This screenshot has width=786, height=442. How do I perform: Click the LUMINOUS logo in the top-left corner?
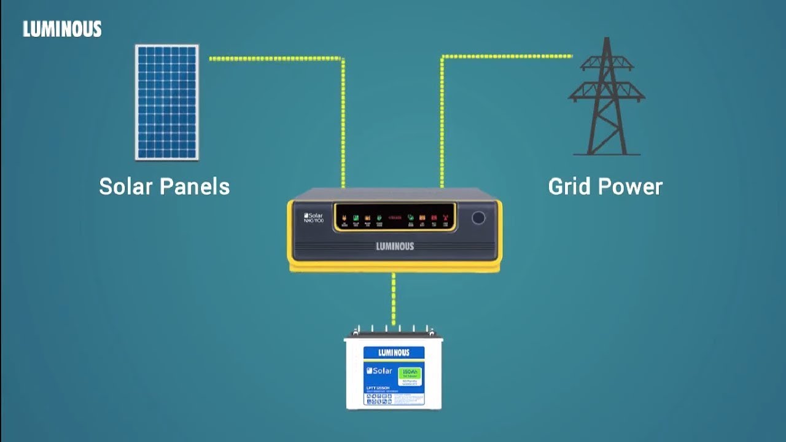click(62, 29)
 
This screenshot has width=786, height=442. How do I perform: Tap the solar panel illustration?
click(167, 102)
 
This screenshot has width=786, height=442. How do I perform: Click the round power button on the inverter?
click(478, 218)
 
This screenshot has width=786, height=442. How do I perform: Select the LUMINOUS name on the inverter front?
click(395, 246)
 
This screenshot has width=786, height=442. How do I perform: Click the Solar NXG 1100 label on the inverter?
click(314, 217)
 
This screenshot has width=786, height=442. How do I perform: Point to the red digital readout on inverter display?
click(394, 217)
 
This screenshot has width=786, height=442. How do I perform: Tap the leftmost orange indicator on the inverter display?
click(344, 218)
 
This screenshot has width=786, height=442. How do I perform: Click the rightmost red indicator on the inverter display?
click(445, 218)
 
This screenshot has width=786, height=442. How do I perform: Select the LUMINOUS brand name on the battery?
click(394, 352)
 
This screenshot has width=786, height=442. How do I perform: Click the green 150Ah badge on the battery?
click(410, 373)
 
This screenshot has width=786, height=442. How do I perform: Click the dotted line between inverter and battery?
click(394, 299)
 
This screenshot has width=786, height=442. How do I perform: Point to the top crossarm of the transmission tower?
click(607, 63)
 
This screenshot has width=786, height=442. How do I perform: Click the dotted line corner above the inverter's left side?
click(342, 59)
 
